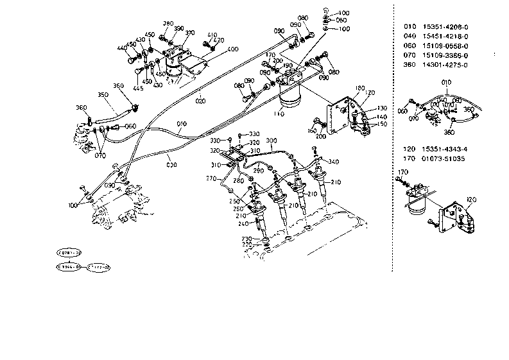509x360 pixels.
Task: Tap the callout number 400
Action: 233,49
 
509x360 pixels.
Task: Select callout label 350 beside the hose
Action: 103,95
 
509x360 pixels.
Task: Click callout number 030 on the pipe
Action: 171,165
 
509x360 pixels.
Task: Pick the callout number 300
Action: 271,141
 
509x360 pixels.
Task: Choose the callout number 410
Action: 212,35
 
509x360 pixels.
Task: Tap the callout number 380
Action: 168,23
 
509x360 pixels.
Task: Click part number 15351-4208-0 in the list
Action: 446,26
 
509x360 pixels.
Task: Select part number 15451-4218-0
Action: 446,36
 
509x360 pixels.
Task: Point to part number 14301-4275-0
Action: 446,65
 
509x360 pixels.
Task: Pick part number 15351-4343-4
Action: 446,149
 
